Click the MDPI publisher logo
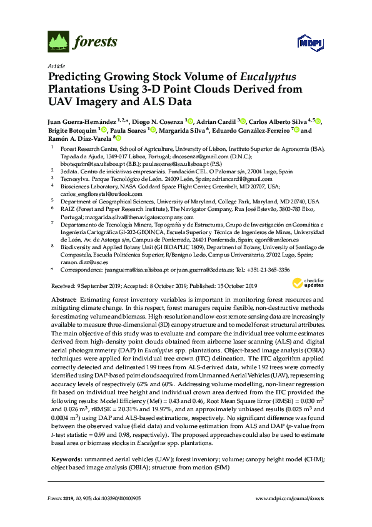pos(307,42)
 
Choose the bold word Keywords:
pos(65,459)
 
